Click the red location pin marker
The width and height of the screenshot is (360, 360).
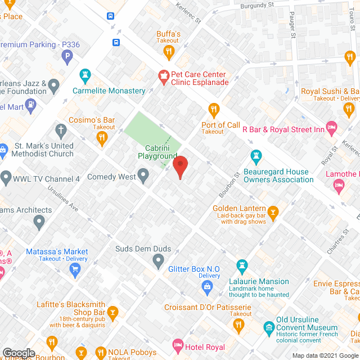click(179, 167)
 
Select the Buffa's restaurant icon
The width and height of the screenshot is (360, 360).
click(168, 52)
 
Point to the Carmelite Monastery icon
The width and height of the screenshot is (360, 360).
click(85, 75)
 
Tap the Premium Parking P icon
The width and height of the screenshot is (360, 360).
click(67, 56)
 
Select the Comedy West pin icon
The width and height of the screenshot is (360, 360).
click(143, 177)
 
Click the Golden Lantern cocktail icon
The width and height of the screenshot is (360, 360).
click(273, 211)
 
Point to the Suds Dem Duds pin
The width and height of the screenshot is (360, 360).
click(159, 260)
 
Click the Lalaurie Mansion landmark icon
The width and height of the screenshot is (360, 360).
click(242, 264)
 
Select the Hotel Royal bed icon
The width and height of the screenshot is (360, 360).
click(178, 344)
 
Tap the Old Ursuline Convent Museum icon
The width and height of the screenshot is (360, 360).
click(269, 327)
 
